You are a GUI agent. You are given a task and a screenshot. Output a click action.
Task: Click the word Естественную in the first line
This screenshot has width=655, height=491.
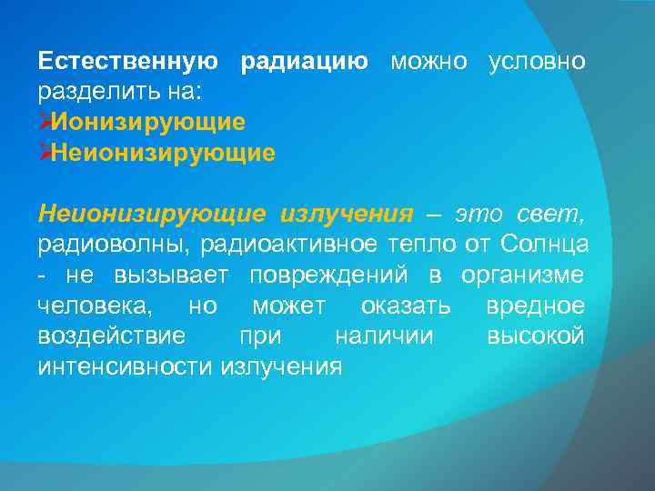coord(128,63)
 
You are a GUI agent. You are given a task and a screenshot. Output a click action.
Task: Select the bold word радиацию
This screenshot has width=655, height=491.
coord(304,63)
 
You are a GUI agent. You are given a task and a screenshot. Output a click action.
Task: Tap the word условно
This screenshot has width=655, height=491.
coord(538,63)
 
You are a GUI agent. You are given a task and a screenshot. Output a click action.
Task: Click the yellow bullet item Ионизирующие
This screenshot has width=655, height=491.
coord(148,122)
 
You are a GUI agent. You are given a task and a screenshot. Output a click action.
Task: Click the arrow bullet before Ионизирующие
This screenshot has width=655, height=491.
coord(45,121)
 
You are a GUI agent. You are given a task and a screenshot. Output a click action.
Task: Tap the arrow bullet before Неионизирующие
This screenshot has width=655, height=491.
coord(45,151)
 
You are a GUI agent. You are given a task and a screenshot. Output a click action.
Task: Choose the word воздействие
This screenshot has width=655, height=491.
coord(112,336)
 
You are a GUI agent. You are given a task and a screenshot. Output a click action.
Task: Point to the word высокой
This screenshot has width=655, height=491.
coord(536,336)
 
